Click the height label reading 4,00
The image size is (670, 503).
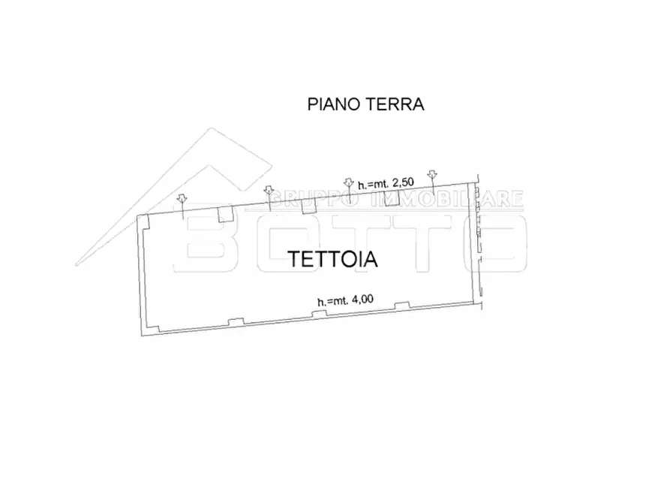click(345, 300)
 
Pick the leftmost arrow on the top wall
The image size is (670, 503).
click(182, 200)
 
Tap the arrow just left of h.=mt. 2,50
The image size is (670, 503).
click(347, 182)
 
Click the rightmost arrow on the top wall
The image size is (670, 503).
click(431, 176)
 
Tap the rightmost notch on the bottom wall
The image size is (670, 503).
click(402, 306)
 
